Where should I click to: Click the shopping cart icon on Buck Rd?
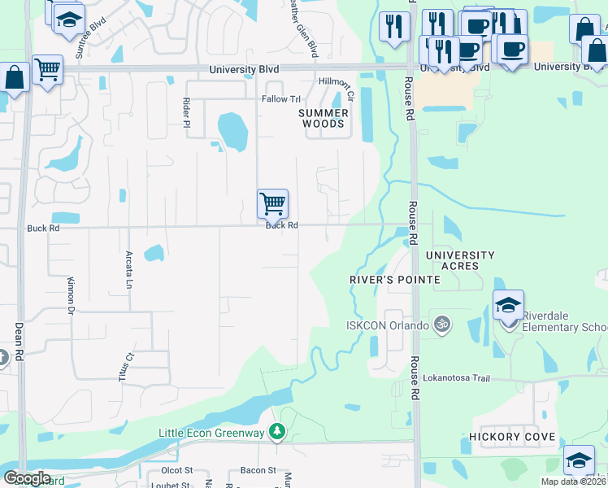272,203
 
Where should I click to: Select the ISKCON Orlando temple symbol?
441,324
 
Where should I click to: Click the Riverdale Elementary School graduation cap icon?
508,307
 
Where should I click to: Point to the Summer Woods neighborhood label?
324,118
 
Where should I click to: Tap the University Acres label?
460,260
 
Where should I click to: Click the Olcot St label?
176,470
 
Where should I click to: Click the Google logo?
26,478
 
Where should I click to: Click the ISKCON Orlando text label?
388,326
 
